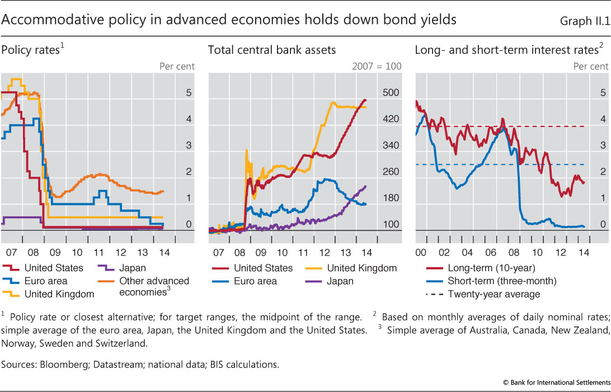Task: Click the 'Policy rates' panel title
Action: pos(31,50)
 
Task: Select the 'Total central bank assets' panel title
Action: pos(272,50)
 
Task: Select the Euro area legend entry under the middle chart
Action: pos(255,281)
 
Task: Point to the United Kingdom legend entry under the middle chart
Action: pos(361,268)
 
